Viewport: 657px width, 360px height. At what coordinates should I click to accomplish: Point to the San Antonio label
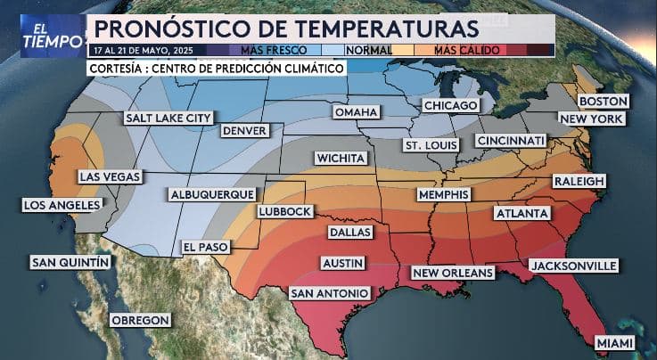click(329, 293)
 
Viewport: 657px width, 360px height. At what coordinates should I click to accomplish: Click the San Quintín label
click(70, 262)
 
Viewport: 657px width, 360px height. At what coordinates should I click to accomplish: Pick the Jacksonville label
click(573, 266)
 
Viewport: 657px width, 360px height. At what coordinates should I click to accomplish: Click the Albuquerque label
click(211, 194)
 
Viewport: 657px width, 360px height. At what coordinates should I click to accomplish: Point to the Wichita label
click(341, 158)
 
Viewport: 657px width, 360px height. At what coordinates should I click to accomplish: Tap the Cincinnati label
click(510, 141)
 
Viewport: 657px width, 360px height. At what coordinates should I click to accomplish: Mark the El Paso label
click(204, 246)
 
